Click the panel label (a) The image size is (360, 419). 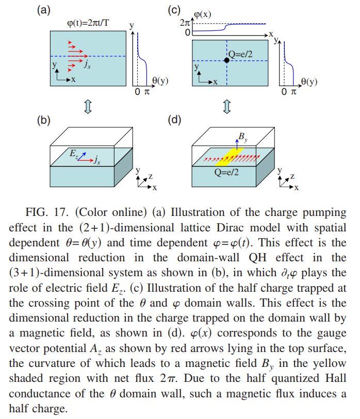click(44, 10)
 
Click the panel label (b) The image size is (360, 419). click(44, 120)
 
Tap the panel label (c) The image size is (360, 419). click(174, 10)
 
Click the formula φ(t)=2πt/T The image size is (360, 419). click(88, 23)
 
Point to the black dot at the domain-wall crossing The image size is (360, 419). click(226, 60)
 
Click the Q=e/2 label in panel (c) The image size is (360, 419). click(240, 54)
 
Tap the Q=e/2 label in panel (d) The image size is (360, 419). click(226, 172)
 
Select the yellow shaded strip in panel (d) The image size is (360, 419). click(230, 157)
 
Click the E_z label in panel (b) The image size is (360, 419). click(74, 154)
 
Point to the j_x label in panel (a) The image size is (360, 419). click(87, 64)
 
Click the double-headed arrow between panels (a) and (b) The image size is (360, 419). click(88, 107)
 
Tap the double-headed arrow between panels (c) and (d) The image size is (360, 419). click(227, 107)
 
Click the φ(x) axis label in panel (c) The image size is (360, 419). click(203, 14)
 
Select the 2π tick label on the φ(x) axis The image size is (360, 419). click(185, 23)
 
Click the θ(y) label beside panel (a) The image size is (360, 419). click(160, 80)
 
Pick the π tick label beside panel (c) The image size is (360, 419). click(293, 92)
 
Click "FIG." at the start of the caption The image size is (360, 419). click(37, 212)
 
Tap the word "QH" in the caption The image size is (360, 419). click(257, 258)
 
